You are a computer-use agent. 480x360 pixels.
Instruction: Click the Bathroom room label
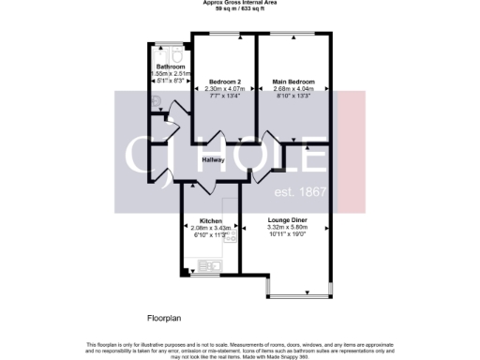click(169, 67)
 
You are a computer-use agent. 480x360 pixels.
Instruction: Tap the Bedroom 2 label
click(225, 82)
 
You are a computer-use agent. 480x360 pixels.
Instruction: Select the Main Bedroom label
click(293, 82)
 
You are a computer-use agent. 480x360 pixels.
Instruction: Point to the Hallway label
click(217, 160)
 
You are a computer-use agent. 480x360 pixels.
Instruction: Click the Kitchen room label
click(209, 220)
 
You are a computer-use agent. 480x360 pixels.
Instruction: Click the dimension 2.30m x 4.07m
click(225, 90)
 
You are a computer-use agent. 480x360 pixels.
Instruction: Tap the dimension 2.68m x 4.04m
click(293, 90)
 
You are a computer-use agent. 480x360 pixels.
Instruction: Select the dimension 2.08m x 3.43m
click(209, 228)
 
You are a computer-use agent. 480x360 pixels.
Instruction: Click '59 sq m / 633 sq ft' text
click(239, 8)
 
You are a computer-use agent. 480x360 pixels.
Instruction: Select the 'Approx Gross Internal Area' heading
click(239, 3)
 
